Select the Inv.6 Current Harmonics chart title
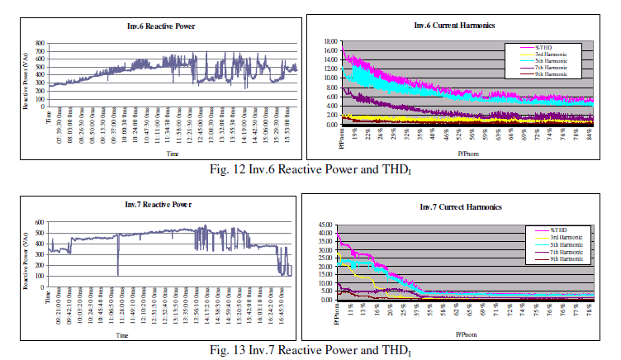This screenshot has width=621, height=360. click(455, 26)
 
